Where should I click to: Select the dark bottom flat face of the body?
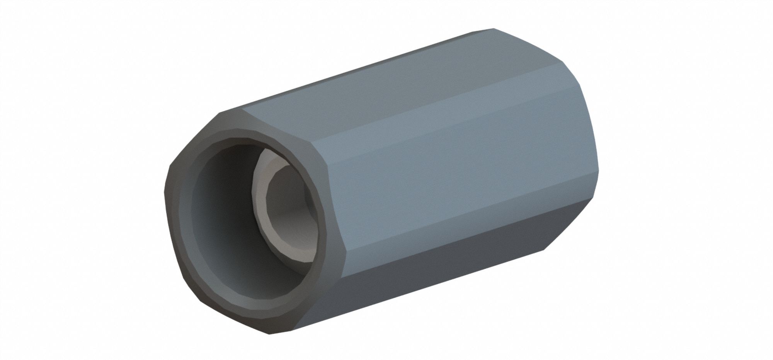point(425,271)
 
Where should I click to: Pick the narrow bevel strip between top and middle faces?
point(444,116)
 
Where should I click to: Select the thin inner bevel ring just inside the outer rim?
point(193,232)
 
